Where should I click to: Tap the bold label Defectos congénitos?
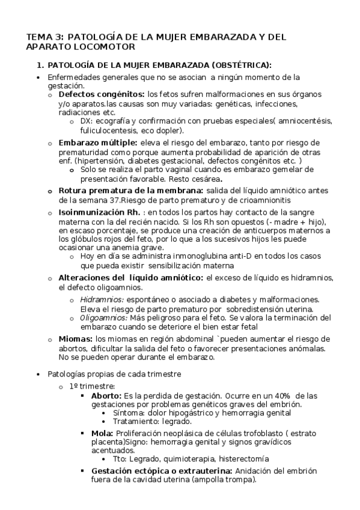pyautogui.click(x=101, y=94)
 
